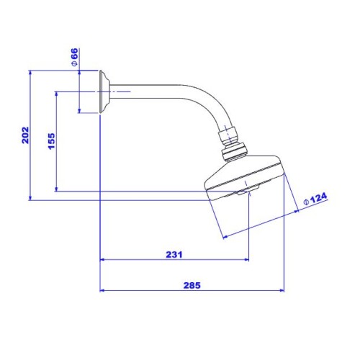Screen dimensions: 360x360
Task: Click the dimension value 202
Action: [x=25, y=135]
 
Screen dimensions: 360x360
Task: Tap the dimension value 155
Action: [x=52, y=141]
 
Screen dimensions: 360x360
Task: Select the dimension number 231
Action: [x=174, y=254]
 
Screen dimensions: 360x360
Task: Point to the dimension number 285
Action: [x=192, y=285]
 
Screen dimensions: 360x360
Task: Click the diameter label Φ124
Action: [x=315, y=199]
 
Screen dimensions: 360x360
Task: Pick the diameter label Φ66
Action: [x=75, y=57]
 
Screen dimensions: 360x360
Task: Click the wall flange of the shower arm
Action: [x=104, y=91]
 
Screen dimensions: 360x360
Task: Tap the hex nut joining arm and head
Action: [x=228, y=137]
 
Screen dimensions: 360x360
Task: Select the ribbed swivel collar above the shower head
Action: [x=234, y=152]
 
